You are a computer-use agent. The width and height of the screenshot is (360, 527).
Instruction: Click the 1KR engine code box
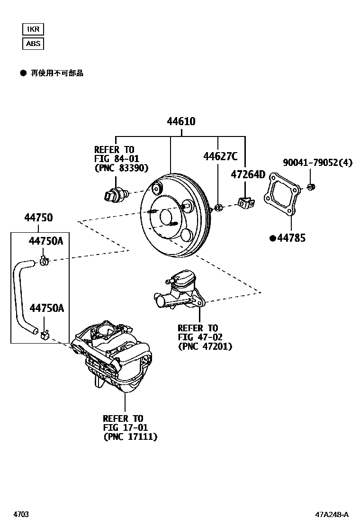33,29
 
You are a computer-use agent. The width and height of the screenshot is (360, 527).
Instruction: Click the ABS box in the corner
33,44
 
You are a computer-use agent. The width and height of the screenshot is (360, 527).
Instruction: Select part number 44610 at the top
181,122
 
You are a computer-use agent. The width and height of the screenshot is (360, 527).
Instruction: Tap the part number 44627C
221,156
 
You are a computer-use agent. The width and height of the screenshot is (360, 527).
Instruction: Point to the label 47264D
248,174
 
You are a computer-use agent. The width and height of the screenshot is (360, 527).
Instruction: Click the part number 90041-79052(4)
318,163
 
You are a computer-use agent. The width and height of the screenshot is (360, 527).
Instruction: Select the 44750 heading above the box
38,218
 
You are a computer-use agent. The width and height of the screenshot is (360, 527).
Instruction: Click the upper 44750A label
45,241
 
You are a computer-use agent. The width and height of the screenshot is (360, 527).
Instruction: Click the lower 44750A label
46,308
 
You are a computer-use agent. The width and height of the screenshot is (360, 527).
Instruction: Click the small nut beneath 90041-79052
310,187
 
